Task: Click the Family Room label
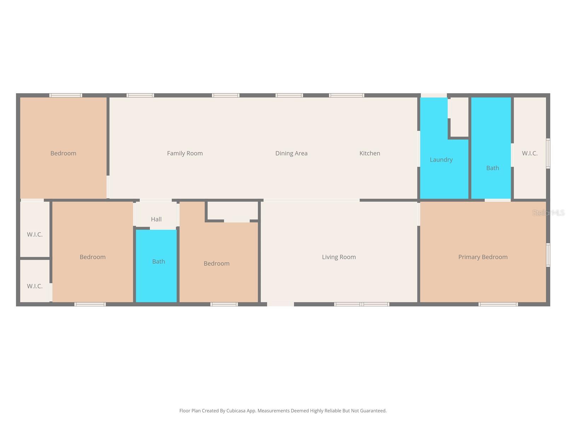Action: point(185,153)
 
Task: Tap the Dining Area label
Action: point(291,153)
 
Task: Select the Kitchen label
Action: point(370,153)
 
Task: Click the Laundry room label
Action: point(441,160)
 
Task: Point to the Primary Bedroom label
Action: point(483,257)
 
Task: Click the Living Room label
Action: point(339,257)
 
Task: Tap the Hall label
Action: point(156,219)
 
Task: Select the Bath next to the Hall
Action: point(158,262)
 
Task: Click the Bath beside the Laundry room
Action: point(492,168)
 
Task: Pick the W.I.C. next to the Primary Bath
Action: point(530,153)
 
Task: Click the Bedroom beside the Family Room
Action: point(63,153)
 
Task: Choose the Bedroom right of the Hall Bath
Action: point(216,263)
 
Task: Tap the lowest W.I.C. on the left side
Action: point(35,286)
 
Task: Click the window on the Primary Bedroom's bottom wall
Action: point(498,304)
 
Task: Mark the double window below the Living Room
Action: point(362,304)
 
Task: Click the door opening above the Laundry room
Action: point(434,95)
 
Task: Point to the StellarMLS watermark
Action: point(548,213)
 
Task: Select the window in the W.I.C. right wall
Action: point(548,153)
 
